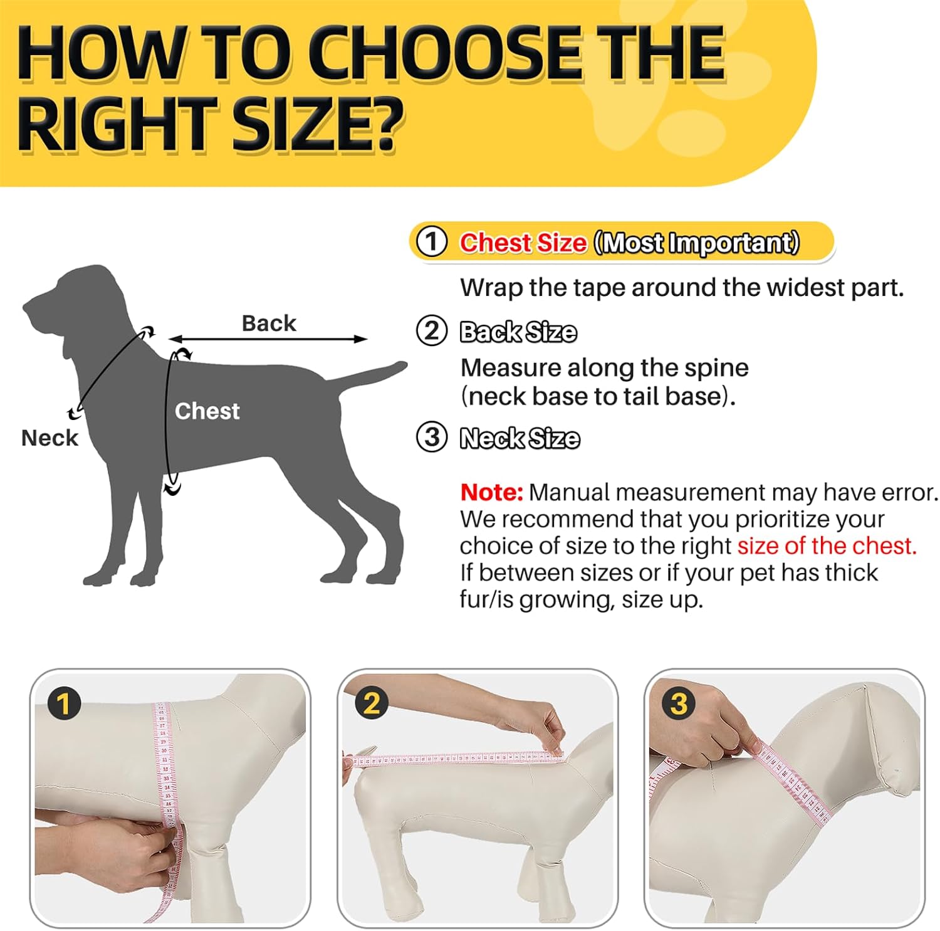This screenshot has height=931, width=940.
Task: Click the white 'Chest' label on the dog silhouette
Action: (x=207, y=411)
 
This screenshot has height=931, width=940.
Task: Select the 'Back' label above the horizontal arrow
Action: (x=269, y=323)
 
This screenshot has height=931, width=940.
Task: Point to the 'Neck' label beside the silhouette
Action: (x=50, y=438)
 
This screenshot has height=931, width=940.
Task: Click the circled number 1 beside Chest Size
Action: (x=432, y=242)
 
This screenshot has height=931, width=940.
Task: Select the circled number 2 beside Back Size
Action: (x=432, y=331)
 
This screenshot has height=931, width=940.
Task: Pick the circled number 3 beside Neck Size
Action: (x=432, y=437)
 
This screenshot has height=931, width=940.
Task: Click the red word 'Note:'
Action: (x=491, y=492)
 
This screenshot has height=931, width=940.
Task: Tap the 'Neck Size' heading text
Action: (x=520, y=438)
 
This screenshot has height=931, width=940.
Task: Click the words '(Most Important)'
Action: (x=696, y=243)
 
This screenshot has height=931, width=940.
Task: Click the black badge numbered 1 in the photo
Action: (x=64, y=703)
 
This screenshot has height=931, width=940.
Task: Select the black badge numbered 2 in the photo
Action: (x=372, y=703)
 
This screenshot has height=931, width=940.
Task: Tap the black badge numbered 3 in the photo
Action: (x=679, y=703)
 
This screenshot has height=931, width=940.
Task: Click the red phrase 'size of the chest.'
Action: (x=827, y=546)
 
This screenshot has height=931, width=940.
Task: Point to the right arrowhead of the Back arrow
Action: (x=362, y=339)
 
